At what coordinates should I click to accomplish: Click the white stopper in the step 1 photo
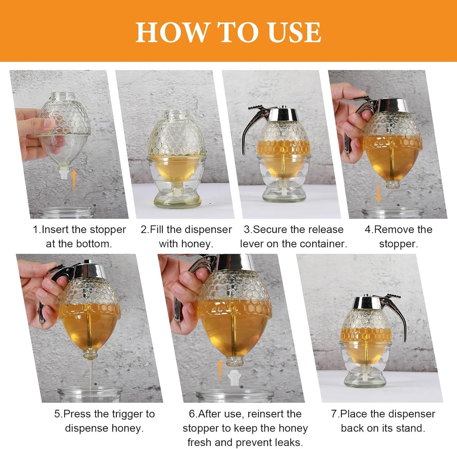coord(64,172)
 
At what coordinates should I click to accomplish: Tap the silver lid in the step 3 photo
coord(283,114)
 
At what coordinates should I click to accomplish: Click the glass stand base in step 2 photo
coord(177,196)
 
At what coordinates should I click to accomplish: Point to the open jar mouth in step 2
coord(177,115)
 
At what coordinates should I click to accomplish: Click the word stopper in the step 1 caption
coord(108,230)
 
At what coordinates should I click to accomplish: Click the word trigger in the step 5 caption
coord(125,414)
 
